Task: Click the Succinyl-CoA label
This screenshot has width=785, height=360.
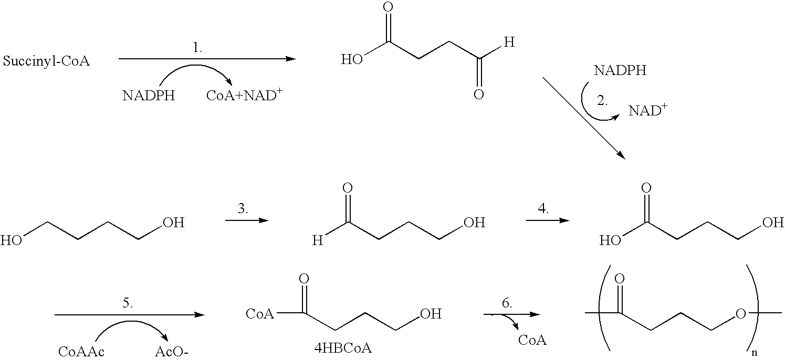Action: coord(46,61)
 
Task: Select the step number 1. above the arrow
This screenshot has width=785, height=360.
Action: coord(197,48)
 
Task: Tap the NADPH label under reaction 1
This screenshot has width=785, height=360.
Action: coord(149,96)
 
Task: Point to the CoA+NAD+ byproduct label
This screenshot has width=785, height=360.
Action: coord(244,94)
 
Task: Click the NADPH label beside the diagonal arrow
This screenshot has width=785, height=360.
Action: coord(620,70)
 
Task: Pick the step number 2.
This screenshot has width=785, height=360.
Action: coord(602,101)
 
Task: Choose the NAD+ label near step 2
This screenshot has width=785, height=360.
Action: coord(648,110)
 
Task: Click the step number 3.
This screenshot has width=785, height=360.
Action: coord(243,209)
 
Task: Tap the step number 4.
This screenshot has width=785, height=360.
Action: coord(543,209)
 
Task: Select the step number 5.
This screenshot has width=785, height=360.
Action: coord(128,303)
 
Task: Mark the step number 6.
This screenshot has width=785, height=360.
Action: coord(507,303)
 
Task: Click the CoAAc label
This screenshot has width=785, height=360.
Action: coord(81,351)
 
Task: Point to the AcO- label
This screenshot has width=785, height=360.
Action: coord(172,351)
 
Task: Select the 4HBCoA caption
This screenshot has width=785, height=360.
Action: coord(343,348)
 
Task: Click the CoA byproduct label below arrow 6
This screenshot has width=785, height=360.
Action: coord(532,340)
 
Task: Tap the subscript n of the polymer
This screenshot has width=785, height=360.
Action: coord(754,353)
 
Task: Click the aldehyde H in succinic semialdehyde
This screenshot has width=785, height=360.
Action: coord(509,43)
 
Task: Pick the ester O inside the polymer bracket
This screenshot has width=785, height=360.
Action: coord(740,314)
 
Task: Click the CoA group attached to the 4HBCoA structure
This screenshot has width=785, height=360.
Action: coord(260,314)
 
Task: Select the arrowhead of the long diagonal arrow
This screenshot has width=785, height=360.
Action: coord(621,155)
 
